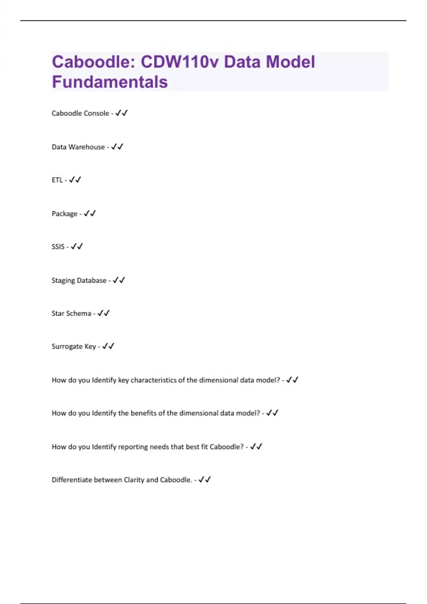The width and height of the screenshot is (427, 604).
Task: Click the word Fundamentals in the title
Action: coord(110,82)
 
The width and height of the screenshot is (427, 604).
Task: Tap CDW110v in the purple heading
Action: coord(179,62)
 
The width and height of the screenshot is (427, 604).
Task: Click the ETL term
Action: coord(57,180)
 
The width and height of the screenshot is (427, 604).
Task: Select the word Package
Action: coord(64,214)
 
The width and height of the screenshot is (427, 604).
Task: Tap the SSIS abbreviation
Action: coord(58,247)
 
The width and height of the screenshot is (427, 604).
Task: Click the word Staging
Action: coord(63,281)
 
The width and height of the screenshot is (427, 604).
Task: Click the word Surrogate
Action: coord(67,346)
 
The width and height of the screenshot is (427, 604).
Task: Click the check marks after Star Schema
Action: coord(103,313)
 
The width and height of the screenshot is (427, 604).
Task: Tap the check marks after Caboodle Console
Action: coord(121,113)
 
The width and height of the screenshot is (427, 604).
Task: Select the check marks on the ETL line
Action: coord(75,180)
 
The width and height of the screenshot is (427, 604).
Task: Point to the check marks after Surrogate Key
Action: coord(108,346)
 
